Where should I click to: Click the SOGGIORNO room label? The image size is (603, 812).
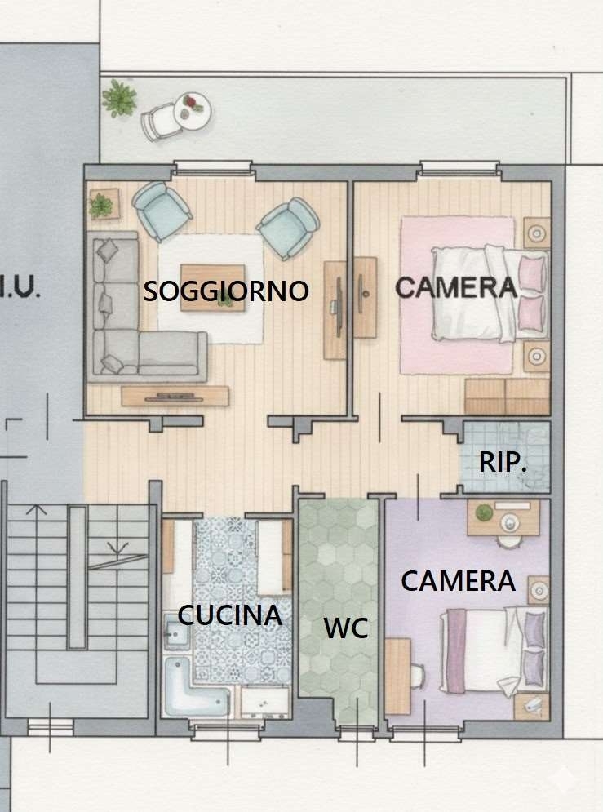(x=226, y=291)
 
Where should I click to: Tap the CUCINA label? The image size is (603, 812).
(x=230, y=615)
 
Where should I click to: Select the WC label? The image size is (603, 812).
(x=346, y=628)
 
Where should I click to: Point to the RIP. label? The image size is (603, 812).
(x=503, y=462)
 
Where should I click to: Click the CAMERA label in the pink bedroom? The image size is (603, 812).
(x=456, y=287)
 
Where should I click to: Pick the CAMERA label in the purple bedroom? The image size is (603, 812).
(x=458, y=581)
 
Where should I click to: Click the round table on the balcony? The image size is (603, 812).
(x=192, y=110)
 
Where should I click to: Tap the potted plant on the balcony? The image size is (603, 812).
(x=120, y=97)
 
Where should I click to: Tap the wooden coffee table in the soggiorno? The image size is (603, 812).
(x=213, y=288)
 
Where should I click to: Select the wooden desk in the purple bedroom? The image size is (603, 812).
(x=397, y=676)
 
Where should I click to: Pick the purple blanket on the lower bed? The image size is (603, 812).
(x=456, y=650)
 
